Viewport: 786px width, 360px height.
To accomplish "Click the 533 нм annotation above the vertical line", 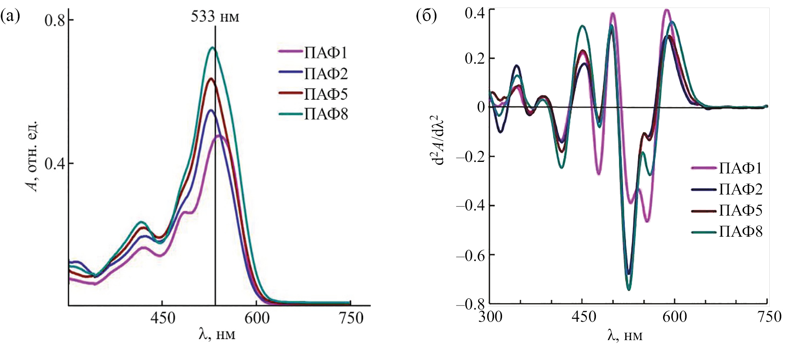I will (x=215, y=17).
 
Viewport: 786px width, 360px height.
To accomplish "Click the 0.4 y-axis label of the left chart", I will (x=55, y=163).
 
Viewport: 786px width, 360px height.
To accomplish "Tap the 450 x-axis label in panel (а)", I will (x=162, y=318).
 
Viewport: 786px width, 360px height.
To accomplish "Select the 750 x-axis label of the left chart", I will (x=351, y=318).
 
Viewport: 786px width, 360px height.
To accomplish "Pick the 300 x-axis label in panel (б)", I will (x=490, y=317).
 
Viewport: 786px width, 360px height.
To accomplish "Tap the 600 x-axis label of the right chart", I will (x=675, y=317).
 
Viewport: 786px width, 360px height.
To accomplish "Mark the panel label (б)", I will (x=426, y=16).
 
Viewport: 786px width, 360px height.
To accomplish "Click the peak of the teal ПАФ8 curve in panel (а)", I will (x=213, y=48).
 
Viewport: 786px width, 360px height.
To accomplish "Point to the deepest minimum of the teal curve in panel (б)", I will (x=629, y=290).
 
